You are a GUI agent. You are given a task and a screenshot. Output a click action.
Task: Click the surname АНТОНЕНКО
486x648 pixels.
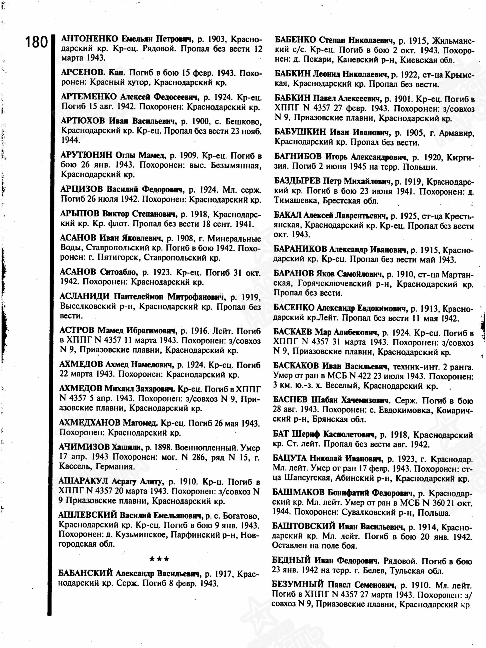click(89, 39)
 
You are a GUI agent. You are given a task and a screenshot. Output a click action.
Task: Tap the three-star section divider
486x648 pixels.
click(159, 559)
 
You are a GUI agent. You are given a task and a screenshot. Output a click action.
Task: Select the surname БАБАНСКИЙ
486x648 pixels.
click(85, 573)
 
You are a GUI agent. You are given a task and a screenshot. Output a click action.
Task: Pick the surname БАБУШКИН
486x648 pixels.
click(300, 132)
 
